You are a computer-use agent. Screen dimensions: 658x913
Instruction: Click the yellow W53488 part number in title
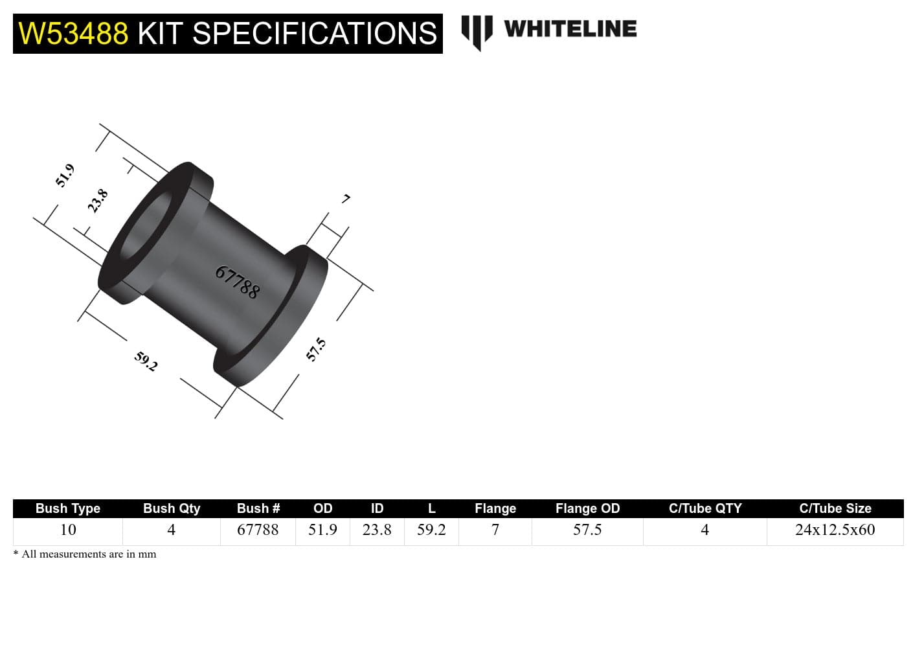tap(73, 34)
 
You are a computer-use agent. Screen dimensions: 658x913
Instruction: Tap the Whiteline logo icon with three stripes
tap(477, 30)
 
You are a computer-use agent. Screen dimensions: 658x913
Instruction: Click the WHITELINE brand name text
tap(570, 29)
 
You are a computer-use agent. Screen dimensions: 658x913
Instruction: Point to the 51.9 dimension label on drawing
tap(65, 176)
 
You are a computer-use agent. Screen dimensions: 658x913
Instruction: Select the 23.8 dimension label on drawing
tap(98, 201)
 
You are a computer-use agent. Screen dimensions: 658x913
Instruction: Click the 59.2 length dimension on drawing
tap(146, 361)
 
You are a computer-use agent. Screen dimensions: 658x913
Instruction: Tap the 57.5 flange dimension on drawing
tap(316, 350)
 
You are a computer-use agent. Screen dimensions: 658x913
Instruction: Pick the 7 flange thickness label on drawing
tap(346, 199)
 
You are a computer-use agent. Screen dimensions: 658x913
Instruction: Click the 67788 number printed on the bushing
tap(238, 282)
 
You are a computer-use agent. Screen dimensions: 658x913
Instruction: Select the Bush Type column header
tap(68, 508)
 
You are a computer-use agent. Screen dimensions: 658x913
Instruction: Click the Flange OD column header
tap(587, 508)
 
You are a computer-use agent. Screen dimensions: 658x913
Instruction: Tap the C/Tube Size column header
tap(835, 508)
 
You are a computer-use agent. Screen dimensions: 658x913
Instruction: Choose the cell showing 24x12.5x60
tap(835, 530)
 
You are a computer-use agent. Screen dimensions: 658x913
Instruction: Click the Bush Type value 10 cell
tap(68, 530)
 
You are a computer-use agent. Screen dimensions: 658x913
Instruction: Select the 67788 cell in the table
tap(258, 530)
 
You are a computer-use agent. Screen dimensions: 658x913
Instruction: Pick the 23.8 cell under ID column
tap(377, 530)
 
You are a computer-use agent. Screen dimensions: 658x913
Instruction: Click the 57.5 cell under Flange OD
tap(587, 530)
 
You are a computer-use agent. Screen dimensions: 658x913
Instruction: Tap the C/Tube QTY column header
tap(705, 508)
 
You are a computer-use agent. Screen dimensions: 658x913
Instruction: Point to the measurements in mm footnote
tap(85, 554)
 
